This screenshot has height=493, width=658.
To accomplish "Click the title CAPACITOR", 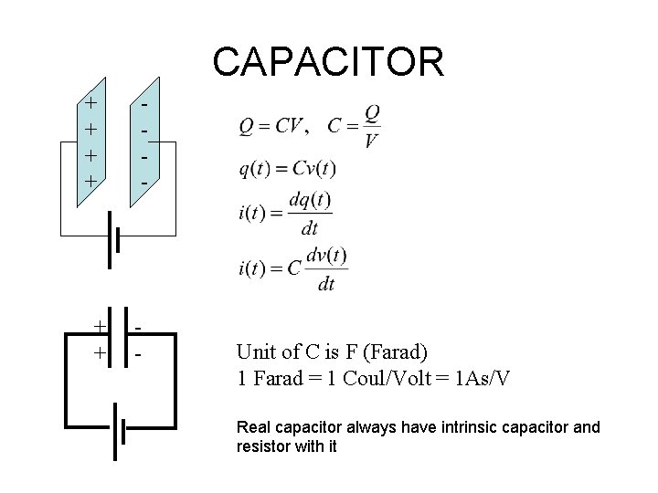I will click(328, 62).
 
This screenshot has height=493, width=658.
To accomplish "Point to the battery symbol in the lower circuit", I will click(118, 431).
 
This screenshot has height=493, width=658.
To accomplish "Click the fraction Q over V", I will click(371, 126).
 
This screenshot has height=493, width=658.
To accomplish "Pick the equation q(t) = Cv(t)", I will click(288, 168).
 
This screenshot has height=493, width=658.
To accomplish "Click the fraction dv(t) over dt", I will click(325, 269).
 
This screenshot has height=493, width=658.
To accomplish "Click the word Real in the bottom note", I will click(252, 426).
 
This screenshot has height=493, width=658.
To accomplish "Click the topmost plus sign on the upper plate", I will click(90, 103).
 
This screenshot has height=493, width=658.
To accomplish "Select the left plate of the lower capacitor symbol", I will click(111, 339).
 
